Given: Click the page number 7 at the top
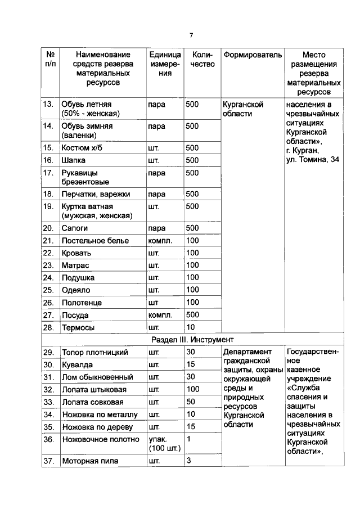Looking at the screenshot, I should (x=191, y=35).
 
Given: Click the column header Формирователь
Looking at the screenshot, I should (x=251, y=55).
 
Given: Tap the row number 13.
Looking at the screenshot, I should (x=48, y=105).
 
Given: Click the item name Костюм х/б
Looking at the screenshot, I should (x=83, y=148).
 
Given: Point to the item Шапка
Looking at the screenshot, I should (x=74, y=160).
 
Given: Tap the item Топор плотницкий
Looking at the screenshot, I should (x=95, y=353).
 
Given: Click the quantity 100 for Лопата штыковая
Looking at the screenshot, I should (x=193, y=389).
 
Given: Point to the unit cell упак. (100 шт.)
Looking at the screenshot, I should (x=164, y=444).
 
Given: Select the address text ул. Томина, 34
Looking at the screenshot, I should (x=312, y=160).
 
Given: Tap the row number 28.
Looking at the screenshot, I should (x=48, y=327).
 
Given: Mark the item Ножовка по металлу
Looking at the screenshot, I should (x=100, y=415).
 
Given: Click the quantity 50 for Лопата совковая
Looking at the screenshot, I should (x=191, y=402).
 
